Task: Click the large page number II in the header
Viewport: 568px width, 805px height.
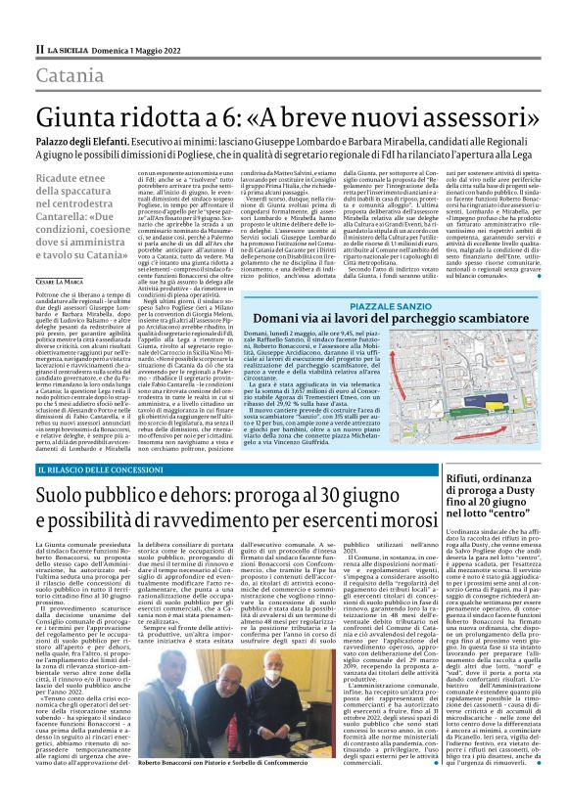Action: pos(39,49)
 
